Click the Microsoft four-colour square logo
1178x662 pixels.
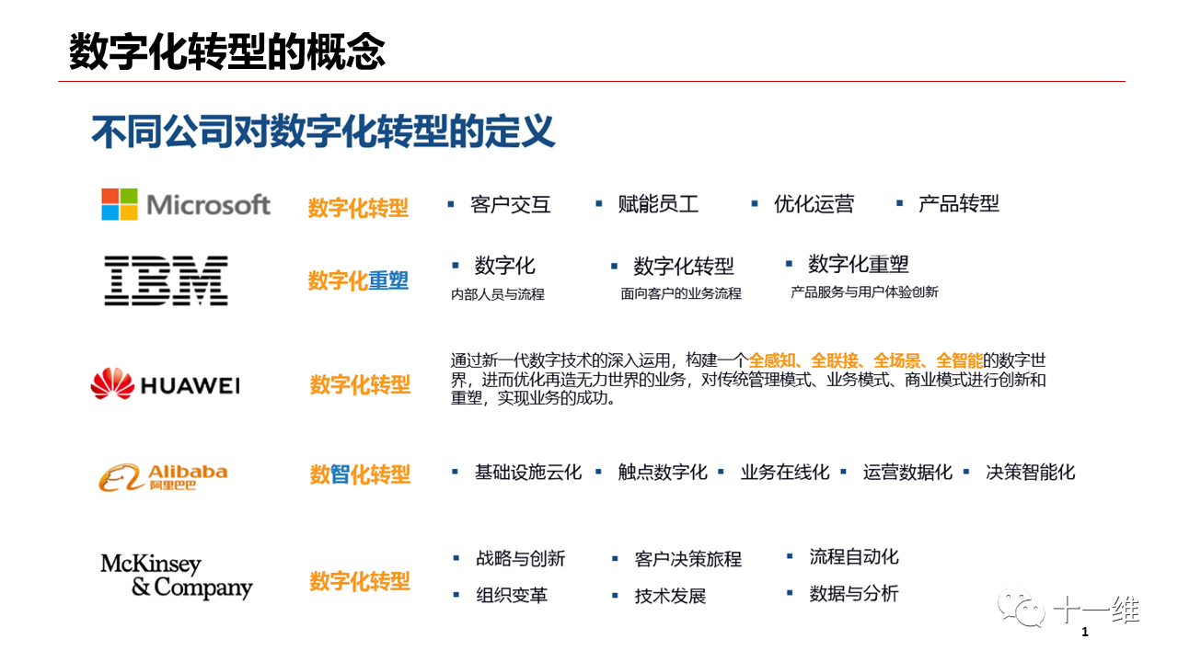click(x=120, y=204)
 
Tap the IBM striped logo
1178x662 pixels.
click(x=167, y=280)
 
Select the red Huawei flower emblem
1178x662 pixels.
click(x=112, y=383)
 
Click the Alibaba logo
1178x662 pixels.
click(x=163, y=477)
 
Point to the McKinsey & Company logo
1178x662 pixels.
click(x=177, y=576)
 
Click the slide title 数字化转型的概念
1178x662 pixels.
click(x=227, y=51)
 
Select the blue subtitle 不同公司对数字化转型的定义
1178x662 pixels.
click(x=323, y=131)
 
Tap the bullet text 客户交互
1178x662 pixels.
click(x=510, y=204)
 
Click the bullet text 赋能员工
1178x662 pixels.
click(x=658, y=204)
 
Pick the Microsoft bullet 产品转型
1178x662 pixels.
click(x=958, y=203)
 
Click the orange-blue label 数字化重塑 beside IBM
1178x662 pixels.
click(x=358, y=280)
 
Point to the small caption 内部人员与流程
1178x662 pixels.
click(x=498, y=294)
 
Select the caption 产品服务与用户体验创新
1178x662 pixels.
click(x=864, y=292)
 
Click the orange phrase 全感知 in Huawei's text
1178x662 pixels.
click(x=771, y=360)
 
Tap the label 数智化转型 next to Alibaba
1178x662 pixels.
click(x=360, y=474)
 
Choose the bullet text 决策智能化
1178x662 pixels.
click(x=1030, y=472)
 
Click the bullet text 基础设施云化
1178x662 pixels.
click(x=528, y=472)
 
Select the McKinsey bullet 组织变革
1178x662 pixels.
click(x=512, y=595)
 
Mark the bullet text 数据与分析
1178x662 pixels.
click(x=854, y=594)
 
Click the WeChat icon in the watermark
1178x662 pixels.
click(x=1022, y=608)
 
